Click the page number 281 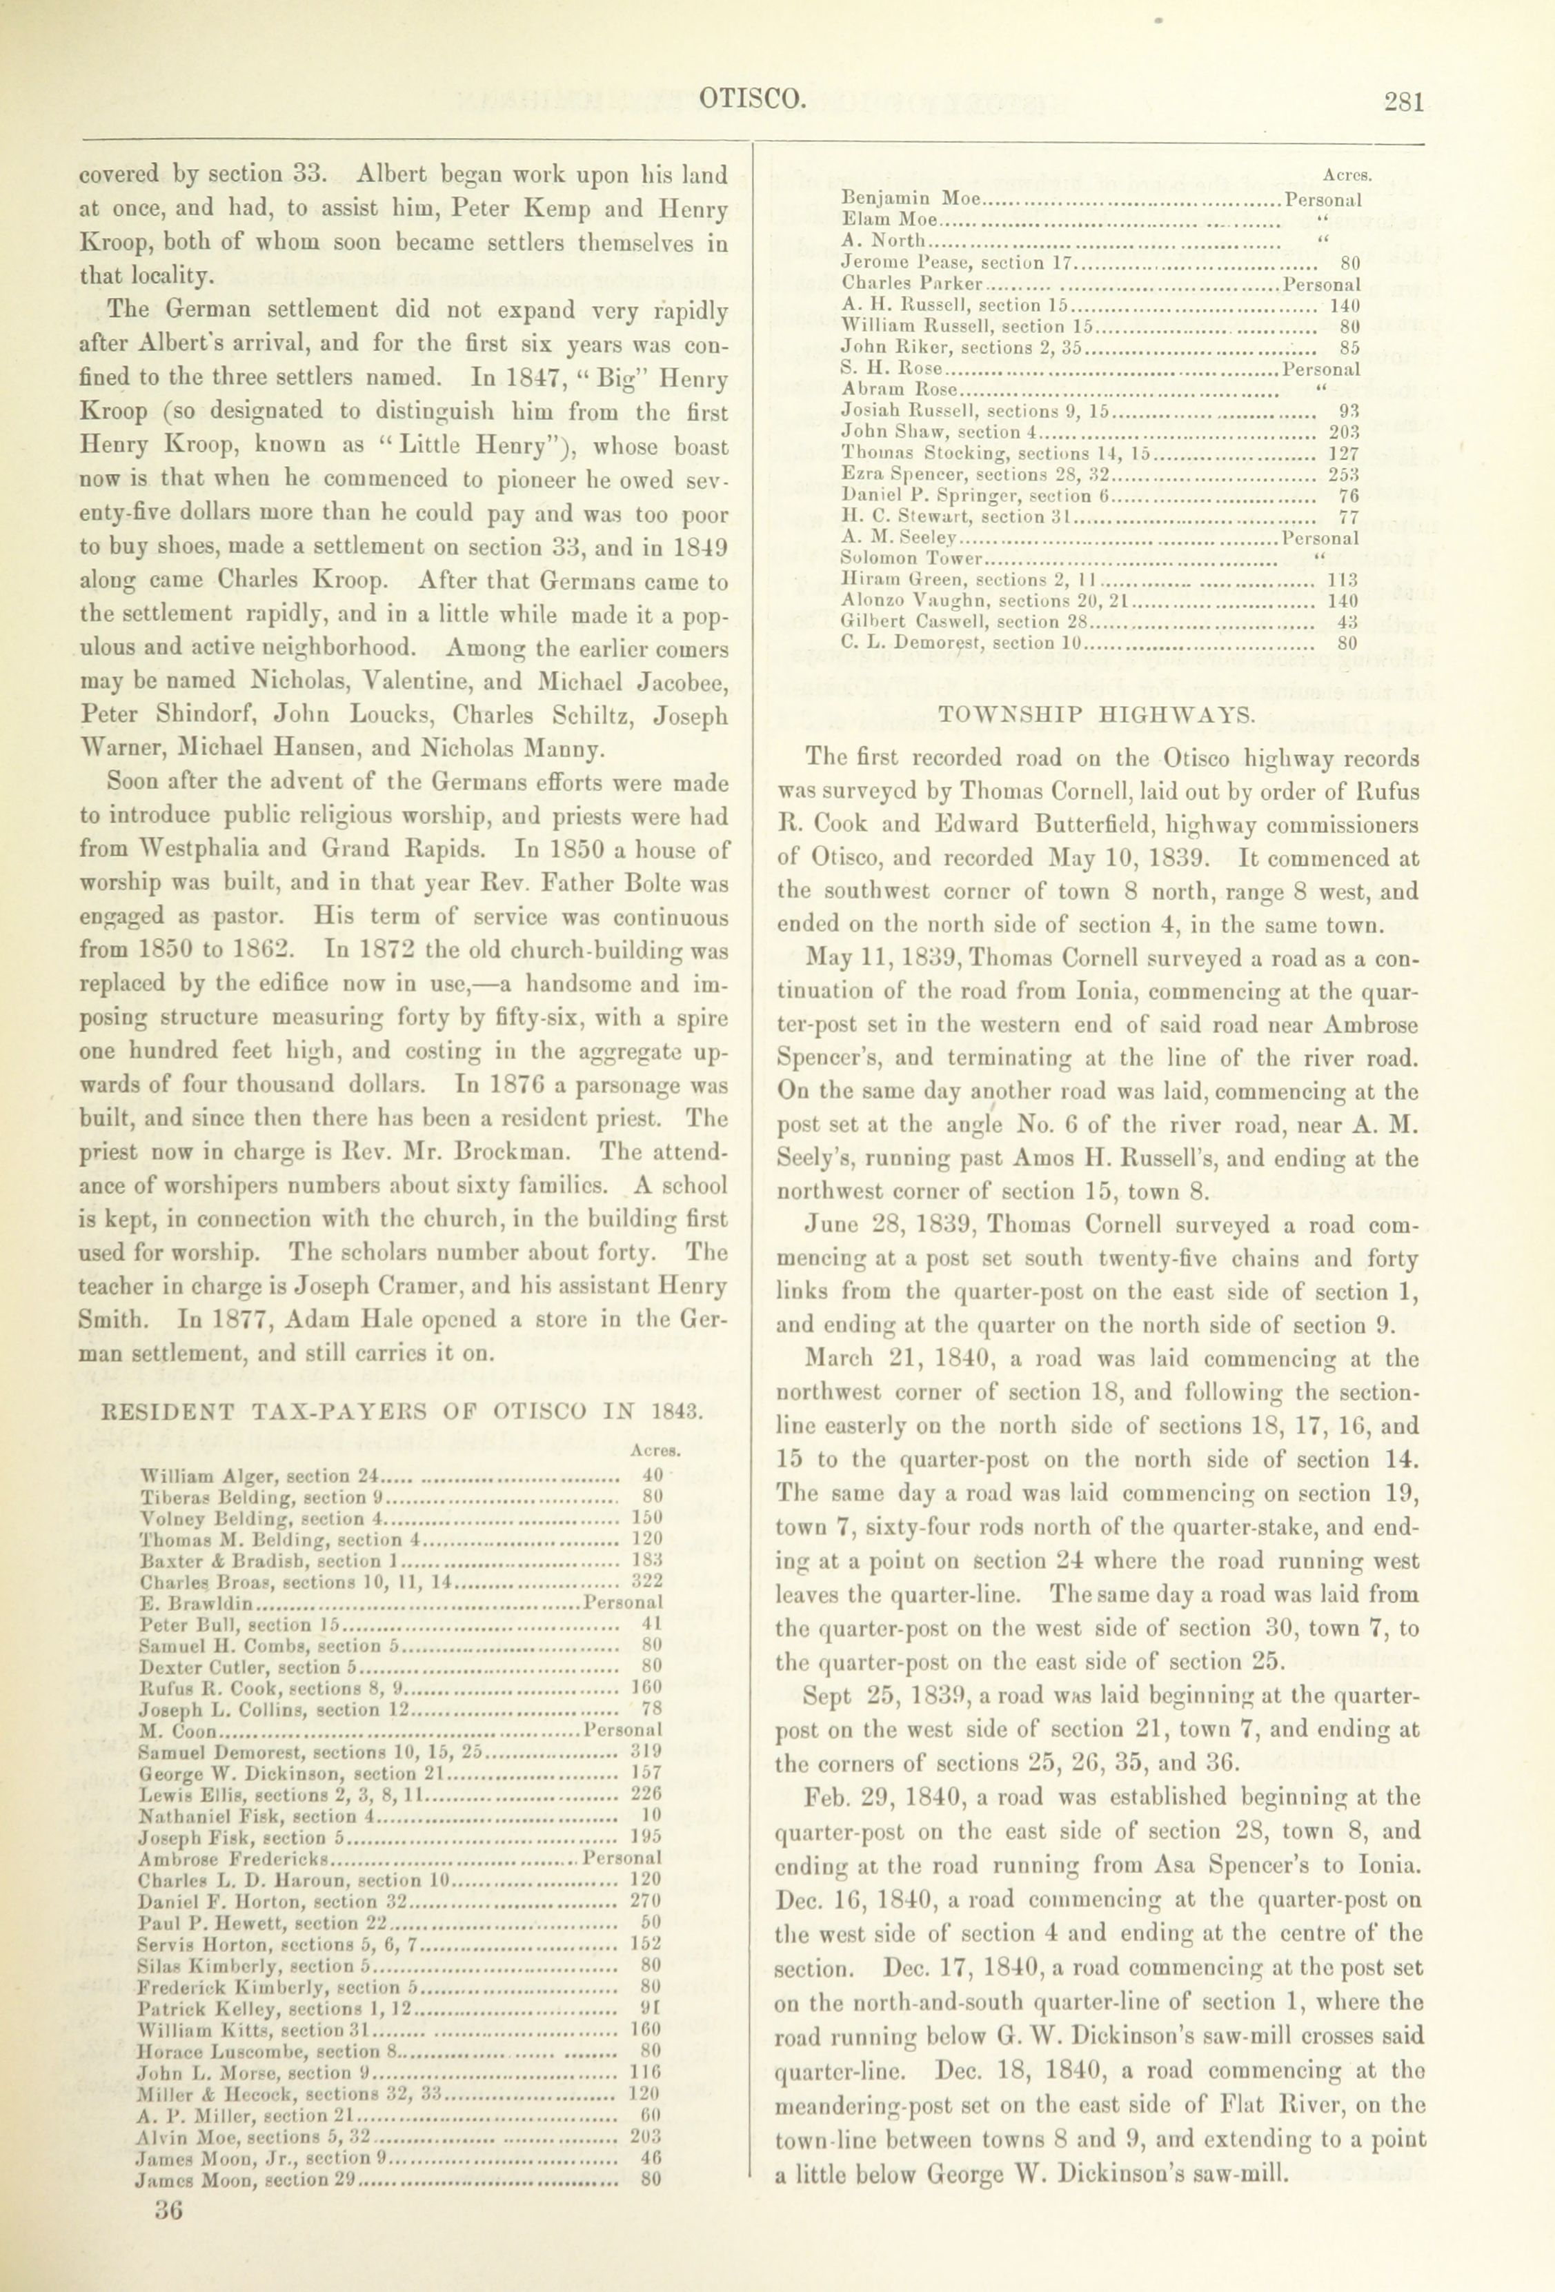click(x=1403, y=101)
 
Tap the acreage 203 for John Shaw click(x=1343, y=432)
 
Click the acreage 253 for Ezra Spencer click(x=1343, y=474)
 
